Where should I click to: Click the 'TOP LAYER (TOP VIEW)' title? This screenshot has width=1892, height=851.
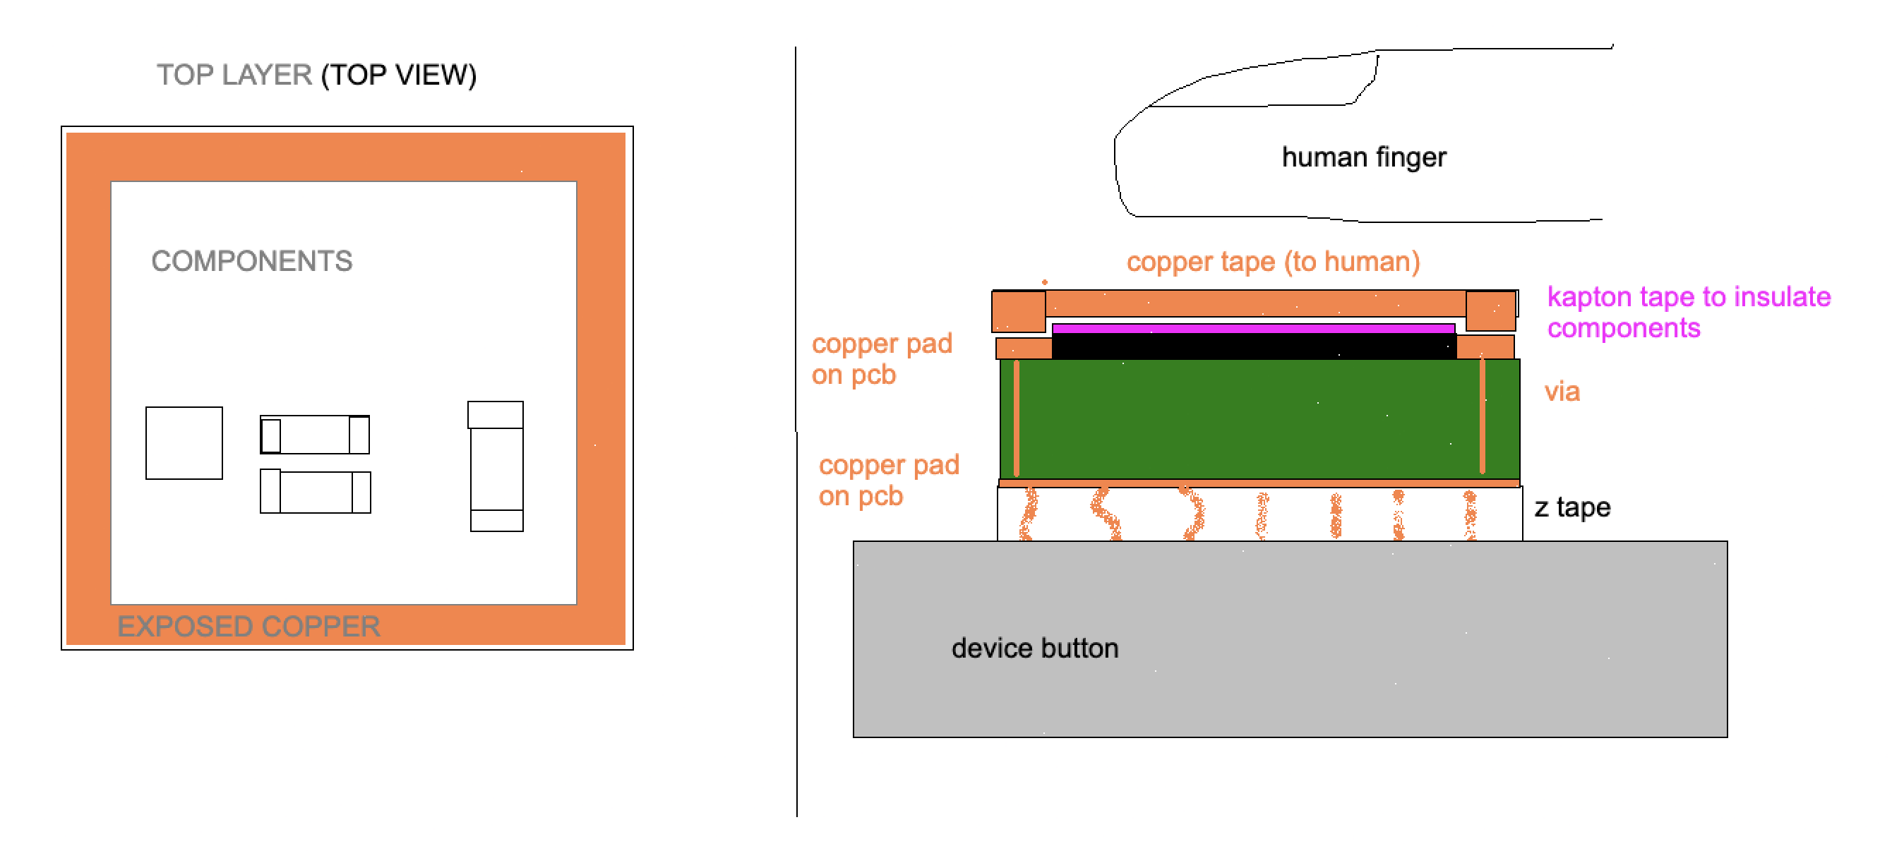[316, 75]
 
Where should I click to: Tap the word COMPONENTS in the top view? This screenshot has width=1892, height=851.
[252, 261]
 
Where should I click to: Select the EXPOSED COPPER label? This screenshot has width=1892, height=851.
[249, 627]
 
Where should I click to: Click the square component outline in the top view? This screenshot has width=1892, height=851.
[184, 442]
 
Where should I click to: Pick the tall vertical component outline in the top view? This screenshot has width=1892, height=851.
[496, 466]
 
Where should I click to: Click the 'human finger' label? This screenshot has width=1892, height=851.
[1364, 157]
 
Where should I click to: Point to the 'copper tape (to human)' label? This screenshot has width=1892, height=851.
[1273, 261]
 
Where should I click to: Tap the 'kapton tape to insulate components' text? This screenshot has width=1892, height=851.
[1689, 312]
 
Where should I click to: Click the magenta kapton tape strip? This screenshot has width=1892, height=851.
[1253, 328]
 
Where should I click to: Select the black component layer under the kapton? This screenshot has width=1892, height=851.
[1253, 346]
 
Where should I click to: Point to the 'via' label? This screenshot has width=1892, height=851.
[1562, 392]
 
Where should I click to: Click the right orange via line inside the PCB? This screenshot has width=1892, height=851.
[1482, 416]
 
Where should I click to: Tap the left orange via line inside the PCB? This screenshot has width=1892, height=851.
[1017, 417]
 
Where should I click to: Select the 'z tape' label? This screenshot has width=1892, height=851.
[1571, 507]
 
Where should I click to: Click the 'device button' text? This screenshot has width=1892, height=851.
[1035, 648]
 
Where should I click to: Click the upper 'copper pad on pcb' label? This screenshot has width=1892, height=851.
[881, 359]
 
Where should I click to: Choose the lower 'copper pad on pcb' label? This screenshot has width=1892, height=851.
[889, 481]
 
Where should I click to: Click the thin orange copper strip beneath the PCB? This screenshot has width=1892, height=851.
[1259, 483]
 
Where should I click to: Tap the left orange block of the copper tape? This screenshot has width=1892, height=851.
[1018, 311]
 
